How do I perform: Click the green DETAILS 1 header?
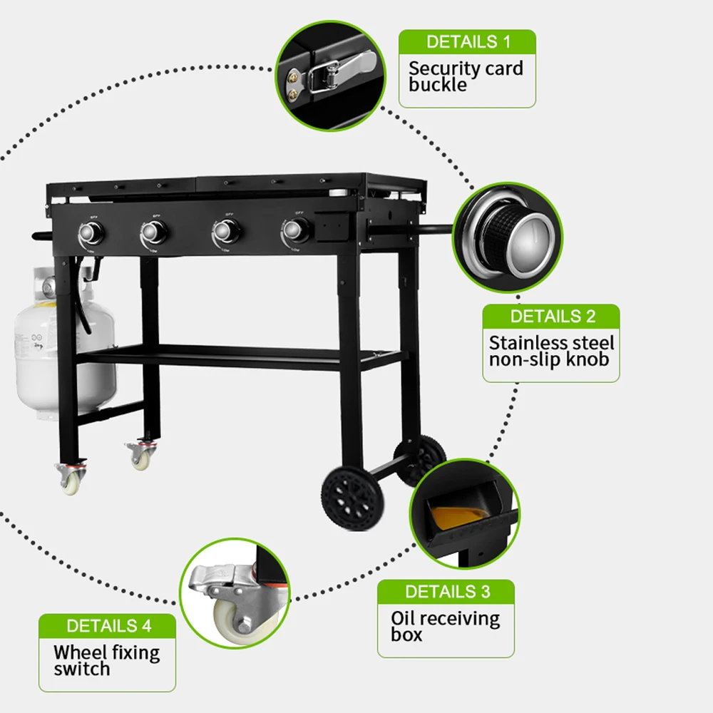468,41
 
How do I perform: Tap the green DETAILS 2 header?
552,316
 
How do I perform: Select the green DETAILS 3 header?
447,591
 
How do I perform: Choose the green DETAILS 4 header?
108,626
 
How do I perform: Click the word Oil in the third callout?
403,617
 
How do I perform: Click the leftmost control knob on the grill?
91,232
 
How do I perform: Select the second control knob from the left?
154,232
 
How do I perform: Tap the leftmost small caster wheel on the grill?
70,481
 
